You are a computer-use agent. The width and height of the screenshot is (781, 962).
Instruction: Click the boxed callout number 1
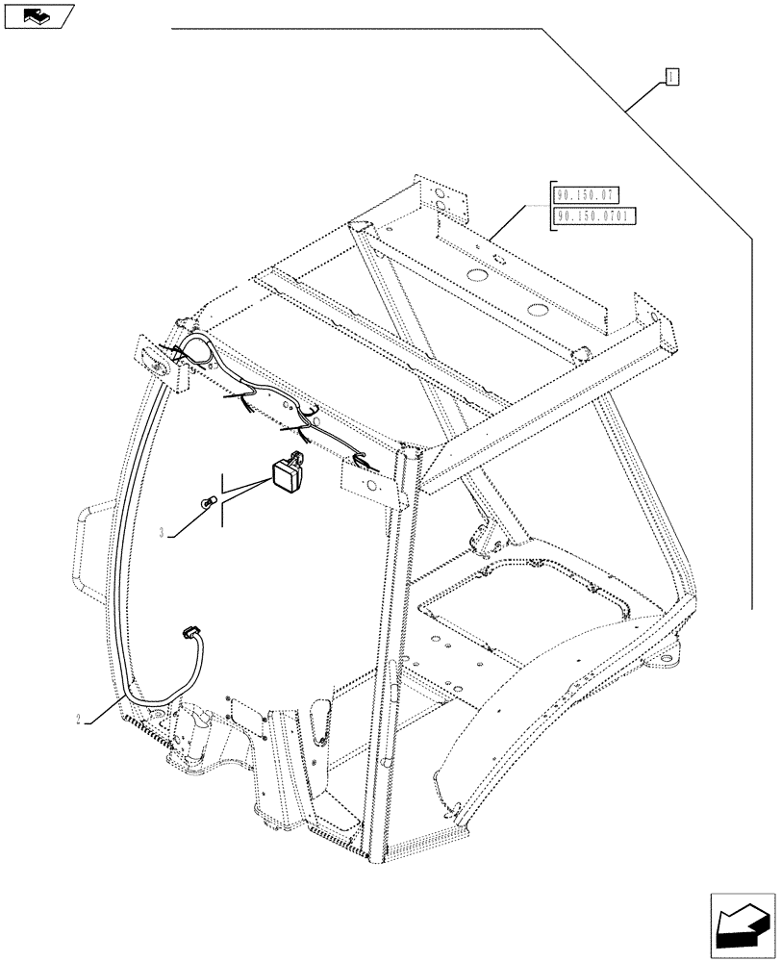[x=672, y=77]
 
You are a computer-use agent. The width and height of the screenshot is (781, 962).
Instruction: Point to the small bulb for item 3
[x=205, y=502]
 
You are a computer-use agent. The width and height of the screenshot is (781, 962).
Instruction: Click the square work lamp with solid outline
[x=286, y=472]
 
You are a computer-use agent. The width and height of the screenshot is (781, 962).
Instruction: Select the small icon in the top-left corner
[x=37, y=15]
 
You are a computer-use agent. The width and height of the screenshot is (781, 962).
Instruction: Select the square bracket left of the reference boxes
[x=550, y=207]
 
